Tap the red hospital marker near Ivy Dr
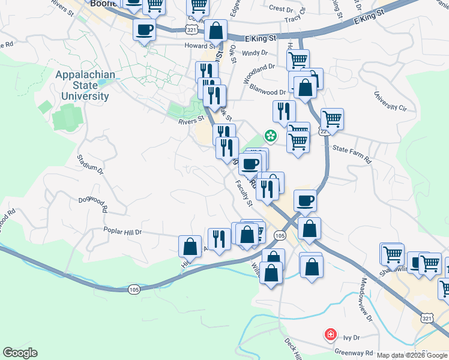[330, 334]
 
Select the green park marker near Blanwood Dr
[271, 136]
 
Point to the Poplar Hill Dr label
[122, 232]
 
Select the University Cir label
[390, 101]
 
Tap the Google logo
[20, 353]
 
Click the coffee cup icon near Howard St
[145, 29]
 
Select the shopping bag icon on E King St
[215, 29]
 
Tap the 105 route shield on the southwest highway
[134, 290]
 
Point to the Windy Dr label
[255, 53]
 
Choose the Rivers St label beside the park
[191, 120]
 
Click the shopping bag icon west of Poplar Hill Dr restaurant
[190, 246]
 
